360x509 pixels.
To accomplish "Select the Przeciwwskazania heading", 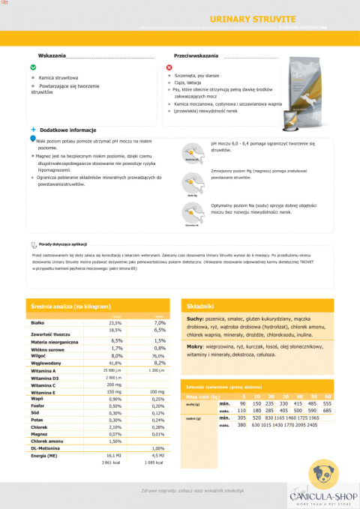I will point(196,56).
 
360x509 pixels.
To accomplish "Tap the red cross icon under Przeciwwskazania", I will point(169,67).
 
